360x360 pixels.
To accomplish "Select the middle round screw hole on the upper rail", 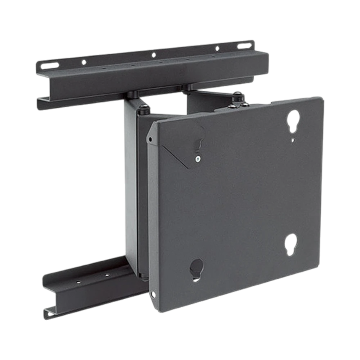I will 154,54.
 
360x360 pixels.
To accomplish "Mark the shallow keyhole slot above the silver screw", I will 199,144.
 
